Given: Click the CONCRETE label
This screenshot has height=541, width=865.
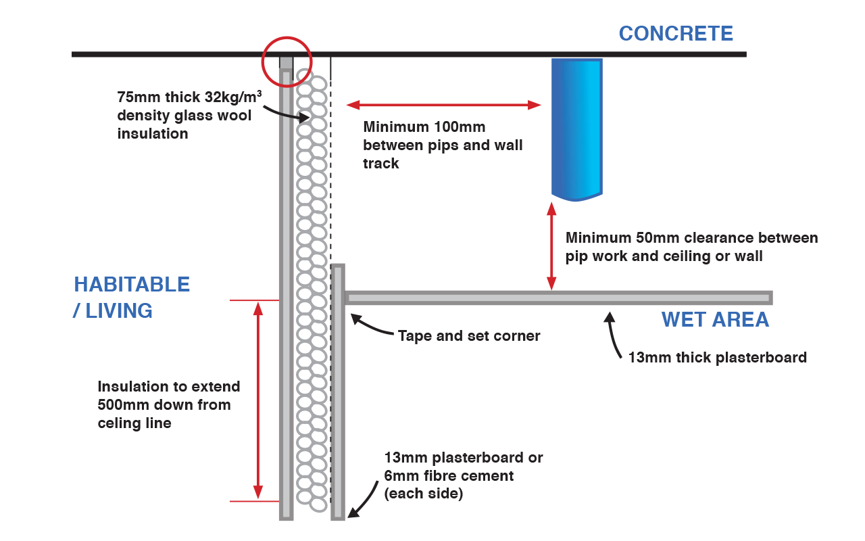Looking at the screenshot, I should click(x=676, y=33).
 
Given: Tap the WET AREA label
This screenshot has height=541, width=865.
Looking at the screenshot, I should click(x=715, y=319).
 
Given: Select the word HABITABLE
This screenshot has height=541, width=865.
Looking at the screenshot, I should click(x=132, y=284).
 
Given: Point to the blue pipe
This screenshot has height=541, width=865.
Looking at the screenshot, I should click(x=576, y=128).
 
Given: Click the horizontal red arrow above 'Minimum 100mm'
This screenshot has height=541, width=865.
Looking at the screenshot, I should click(x=444, y=105).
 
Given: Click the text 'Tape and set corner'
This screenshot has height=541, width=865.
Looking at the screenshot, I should click(x=469, y=336).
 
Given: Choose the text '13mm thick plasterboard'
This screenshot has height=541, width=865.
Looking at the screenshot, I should click(x=717, y=357).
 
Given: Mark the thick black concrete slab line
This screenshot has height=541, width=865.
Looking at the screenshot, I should click(x=473, y=54).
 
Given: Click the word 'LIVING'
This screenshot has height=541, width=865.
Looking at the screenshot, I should click(x=118, y=311).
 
